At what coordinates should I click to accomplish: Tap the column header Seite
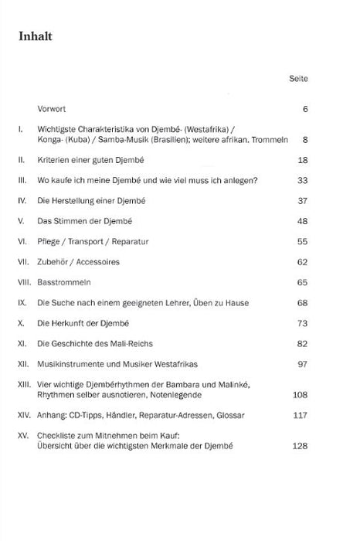point(299,79)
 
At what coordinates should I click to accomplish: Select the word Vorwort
point(53,108)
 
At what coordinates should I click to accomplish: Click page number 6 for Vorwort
point(306,109)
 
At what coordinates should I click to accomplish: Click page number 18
point(303,159)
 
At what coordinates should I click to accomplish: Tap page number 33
point(303,181)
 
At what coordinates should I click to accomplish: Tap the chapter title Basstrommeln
point(64,282)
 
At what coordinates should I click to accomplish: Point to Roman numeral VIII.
point(23,282)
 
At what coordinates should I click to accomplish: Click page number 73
point(303,323)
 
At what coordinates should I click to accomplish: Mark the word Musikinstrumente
point(75,363)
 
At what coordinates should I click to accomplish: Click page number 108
point(301,394)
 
